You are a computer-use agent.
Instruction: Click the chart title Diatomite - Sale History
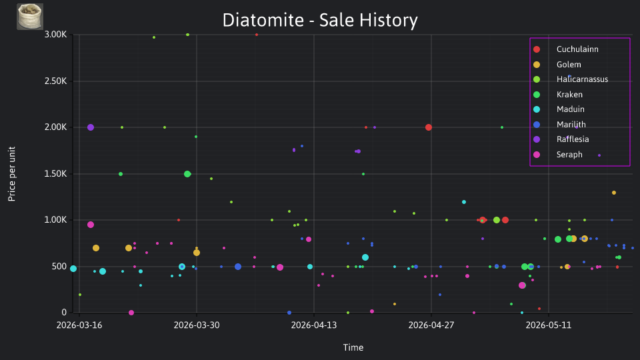(320, 20)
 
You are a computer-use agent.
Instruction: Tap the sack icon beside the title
(30, 17)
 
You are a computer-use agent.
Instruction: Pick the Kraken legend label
(569, 94)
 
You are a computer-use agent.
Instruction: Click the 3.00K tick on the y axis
(55, 34)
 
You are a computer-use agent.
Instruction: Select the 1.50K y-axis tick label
(55, 173)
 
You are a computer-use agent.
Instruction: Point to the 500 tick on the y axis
(59, 266)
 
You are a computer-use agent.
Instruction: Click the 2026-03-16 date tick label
(79, 325)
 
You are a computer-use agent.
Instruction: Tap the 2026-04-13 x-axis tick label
(314, 325)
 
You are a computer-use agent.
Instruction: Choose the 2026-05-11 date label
(549, 325)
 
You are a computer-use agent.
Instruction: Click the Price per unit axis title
(12, 174)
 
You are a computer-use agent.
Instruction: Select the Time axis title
(353, 347)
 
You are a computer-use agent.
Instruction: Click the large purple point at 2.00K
(91, 127)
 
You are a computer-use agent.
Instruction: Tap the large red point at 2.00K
(429, 127)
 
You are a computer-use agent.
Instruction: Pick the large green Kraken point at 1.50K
(187, 174)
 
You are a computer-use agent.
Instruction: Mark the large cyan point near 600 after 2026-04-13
(365, 257)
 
